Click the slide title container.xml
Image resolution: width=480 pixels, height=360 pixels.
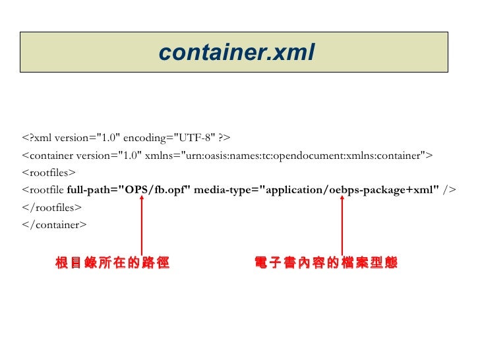pyautogui.click(x=237, y=52)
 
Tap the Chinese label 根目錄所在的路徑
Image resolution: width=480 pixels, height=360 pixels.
pyautogui.click(x=113, y=264)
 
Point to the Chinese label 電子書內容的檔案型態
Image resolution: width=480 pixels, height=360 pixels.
pyautogui.click(x=326, y=264)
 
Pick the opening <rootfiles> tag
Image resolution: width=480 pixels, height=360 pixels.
pyautogui.click(x=49, y=173)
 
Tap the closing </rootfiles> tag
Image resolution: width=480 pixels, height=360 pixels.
pyautogui.click(x=51, y=208)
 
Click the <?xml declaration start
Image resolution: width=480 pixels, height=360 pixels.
pyautogui.click(x=37, y=138)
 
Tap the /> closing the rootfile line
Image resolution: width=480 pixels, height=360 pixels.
pyautogui.click(x=449, y=191)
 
